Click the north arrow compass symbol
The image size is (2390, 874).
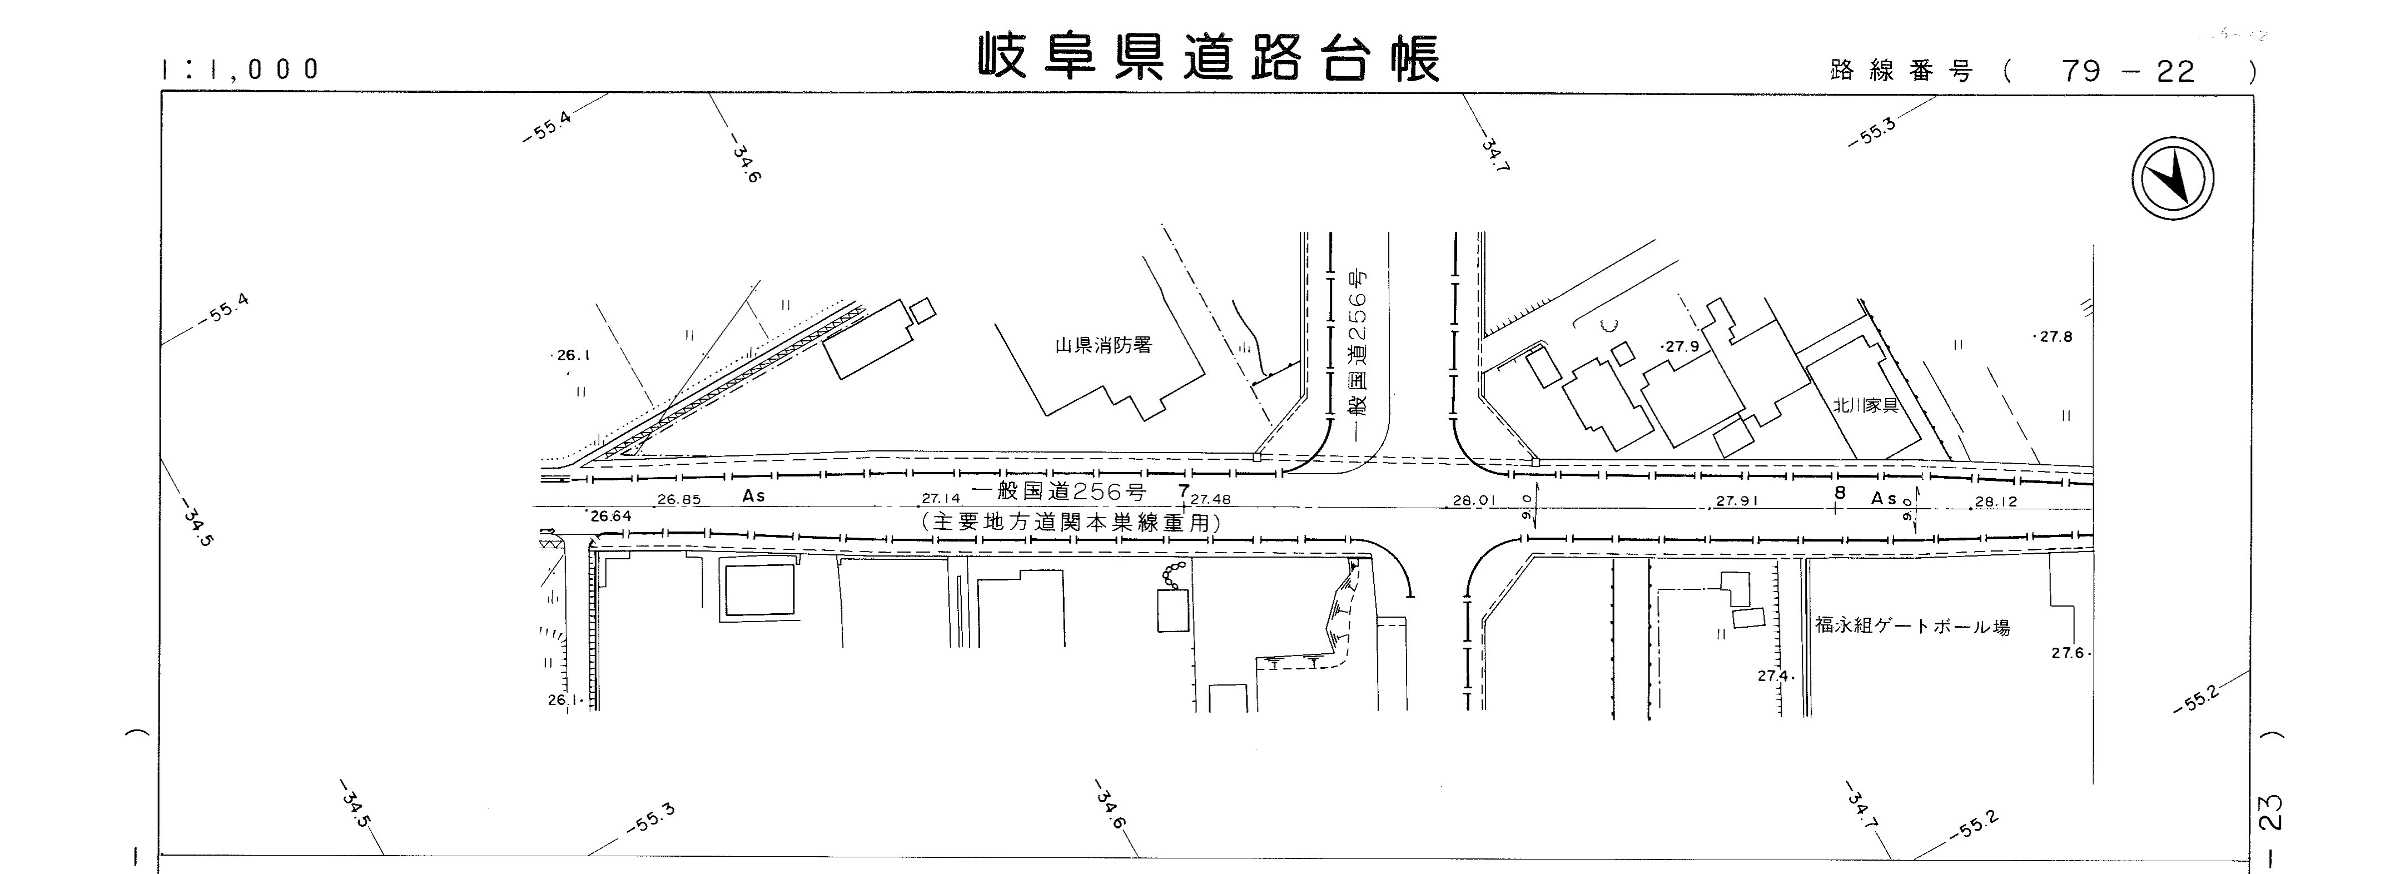click(2172, 178)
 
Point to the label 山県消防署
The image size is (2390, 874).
click(1103, 346)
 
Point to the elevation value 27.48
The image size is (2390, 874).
click(1211, 499)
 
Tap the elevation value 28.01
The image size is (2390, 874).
click(1474, 501)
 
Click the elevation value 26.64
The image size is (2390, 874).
click(610, 516)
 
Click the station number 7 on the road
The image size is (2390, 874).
click(1183, 489)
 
